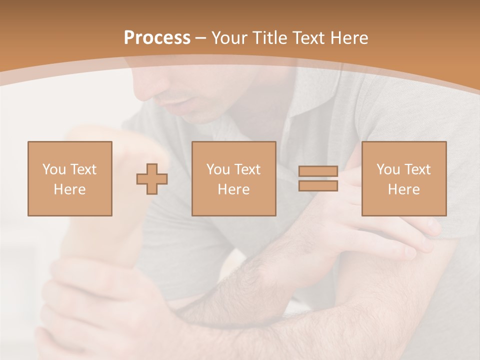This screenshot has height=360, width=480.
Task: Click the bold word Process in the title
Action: pos(157,37)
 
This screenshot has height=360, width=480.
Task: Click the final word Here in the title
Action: pos(349,37)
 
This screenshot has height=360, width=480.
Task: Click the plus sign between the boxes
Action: pos(152,178)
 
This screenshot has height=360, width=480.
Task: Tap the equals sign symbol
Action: pos(318,178)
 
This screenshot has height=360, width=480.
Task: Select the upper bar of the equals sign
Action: pos(318,171)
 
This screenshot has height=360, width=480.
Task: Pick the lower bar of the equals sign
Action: pos(318,186)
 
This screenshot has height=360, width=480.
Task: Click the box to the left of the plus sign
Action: pos(69,178)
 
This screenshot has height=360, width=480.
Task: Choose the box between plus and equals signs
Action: pos(233,178)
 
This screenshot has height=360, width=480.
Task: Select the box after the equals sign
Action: pos(403,178)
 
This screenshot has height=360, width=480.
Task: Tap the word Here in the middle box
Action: pos(233,189)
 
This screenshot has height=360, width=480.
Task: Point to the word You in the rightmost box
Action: pos(388,169)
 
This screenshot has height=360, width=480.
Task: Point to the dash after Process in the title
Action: pos(200,38)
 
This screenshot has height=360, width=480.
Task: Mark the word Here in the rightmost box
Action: pos(403,189)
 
